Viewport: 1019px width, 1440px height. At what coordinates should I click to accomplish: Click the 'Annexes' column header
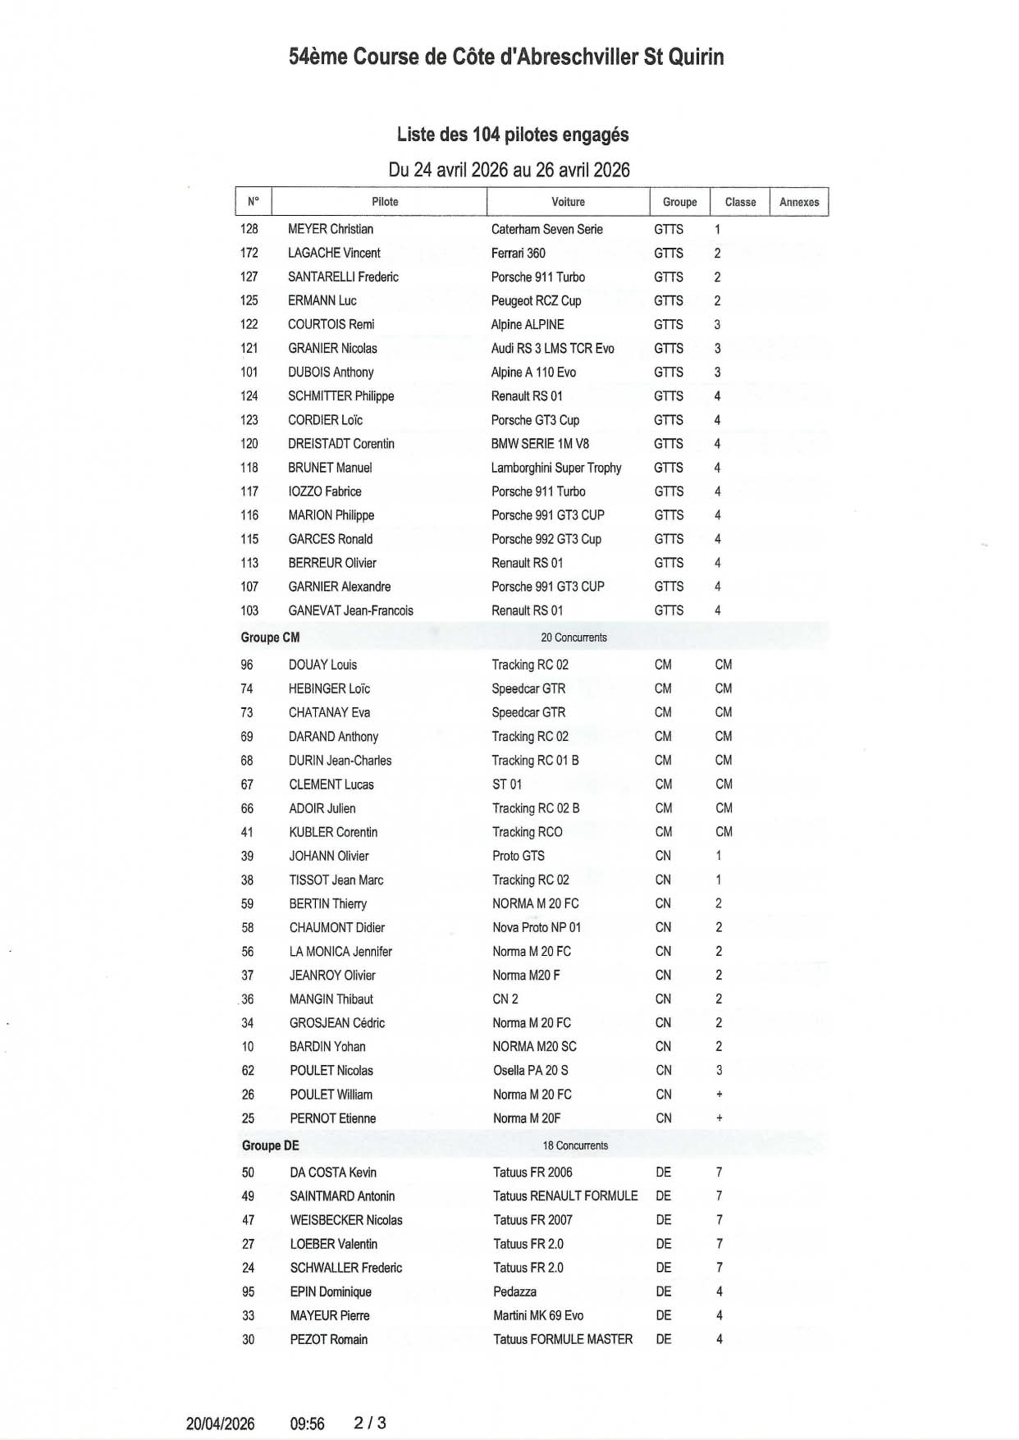click(x=798, y=202)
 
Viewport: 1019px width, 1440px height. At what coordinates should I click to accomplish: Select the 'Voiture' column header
click(x=568, y=202)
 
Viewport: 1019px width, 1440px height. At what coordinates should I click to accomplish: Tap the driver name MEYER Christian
click(x=331, y=229)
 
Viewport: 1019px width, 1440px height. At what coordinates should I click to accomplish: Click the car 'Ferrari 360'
click(x=519, y=253)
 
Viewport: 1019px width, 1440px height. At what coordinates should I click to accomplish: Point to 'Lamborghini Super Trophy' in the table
click(x=556, y=468)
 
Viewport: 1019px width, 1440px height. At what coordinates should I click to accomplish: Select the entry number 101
click(x=249, y=373)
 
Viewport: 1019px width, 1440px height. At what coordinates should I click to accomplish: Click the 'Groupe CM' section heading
click(x=270, y=638)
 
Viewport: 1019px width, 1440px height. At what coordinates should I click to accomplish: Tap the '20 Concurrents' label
click(x=573, y=638)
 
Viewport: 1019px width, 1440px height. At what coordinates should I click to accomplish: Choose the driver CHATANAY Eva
click(x=329, y=712)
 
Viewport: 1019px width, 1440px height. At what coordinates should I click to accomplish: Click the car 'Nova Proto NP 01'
click(x=537, y=927)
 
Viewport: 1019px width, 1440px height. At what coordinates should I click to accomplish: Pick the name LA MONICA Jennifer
click(x=340, y=951)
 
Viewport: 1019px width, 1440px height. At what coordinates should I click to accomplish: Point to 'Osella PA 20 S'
click(x=531, y=1070)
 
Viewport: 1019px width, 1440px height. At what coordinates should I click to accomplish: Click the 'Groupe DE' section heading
click(x=270, y=1145)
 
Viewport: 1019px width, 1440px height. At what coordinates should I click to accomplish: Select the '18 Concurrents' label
click(x=575, y=1145)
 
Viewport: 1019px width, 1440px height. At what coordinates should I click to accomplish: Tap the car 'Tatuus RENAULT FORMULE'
click(x=565, y=1195)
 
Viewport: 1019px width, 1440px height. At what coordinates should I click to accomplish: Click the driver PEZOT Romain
click(x=328, y=1339)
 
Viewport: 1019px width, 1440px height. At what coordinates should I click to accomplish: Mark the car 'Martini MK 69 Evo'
click(x=538, y=1315)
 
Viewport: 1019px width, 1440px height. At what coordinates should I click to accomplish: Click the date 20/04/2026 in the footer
click(x=220, y=1424)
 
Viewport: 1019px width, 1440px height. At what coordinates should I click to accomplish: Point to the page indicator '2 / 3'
click(x=370, y=1423)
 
